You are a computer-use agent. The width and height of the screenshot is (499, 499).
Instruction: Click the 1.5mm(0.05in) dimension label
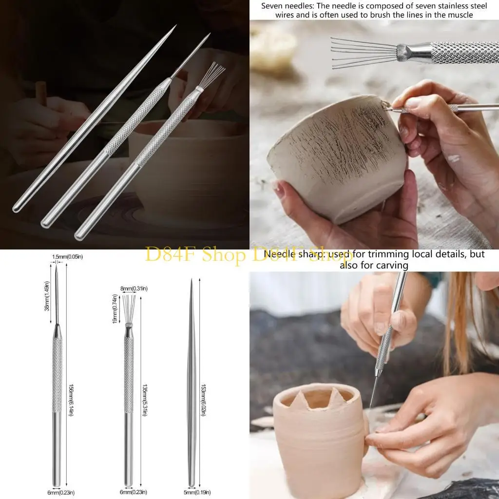[x=67, y=257]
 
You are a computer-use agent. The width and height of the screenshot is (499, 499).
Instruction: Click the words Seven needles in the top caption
[x=281, y=6]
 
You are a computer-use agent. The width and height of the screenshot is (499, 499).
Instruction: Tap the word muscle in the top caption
[x=461, y=15]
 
